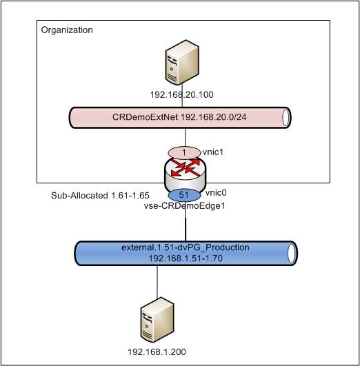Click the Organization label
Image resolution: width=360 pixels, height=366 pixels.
pyautogui.click(x=67, y=30)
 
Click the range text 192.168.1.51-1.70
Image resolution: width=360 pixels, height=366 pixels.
pyautogui.click(x=181, y=258)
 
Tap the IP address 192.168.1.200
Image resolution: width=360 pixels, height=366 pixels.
pyautogui.click(x=157, y=352)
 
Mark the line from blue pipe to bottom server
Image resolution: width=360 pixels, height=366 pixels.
pyautogui.click(x=157, y=283)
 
